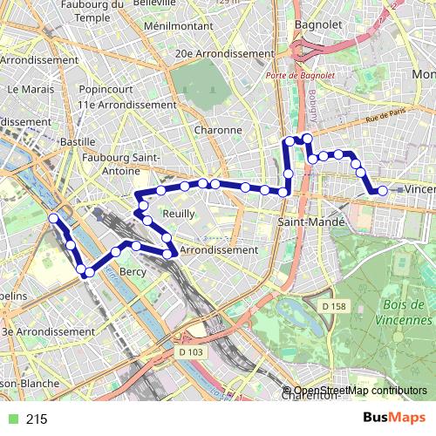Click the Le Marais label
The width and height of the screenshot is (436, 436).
(24, 89)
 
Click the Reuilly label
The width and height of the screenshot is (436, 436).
(178, 213)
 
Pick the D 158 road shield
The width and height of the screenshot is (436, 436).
(333, 306)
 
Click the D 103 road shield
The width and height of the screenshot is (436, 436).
(189, 352)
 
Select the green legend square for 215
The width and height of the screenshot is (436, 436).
(10, 419)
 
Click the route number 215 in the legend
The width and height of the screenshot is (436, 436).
(37, 419)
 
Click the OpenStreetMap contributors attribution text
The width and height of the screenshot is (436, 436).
(360, 390)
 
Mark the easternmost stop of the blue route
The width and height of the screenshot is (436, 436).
(382, 190)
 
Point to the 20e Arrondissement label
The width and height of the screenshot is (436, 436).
(225, 53)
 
